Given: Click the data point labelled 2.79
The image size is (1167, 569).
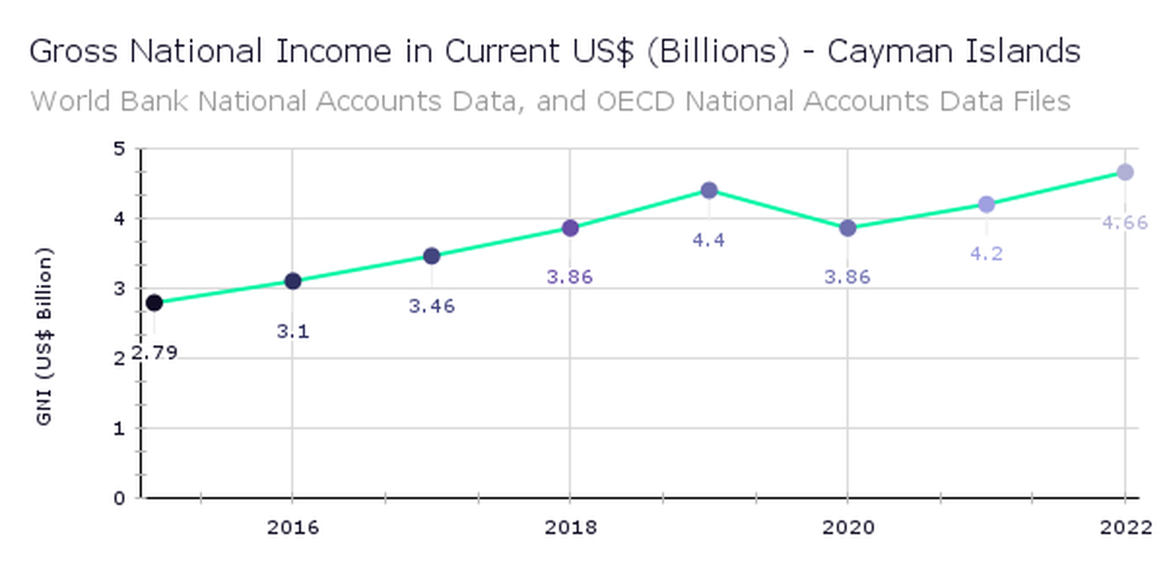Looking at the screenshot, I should (x=154, y=303).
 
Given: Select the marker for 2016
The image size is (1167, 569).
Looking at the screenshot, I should (x=292, y=281).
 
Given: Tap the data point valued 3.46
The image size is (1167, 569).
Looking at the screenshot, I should (x=431, y=256).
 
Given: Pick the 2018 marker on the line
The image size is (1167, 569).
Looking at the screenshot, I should (x=570, y=228).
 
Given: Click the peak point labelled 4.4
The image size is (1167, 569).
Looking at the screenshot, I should (x=709, y=190).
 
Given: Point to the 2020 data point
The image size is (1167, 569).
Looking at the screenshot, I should (x=848, y=228).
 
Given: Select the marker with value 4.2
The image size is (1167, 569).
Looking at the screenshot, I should (x=986, y=204).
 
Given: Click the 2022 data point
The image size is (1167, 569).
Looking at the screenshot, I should (x=1125, y=172).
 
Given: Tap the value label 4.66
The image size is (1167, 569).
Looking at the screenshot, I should (x=1125, y=223).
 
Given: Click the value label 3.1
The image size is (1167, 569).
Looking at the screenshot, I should (x=293, y=332).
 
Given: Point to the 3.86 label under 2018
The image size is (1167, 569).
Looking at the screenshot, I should (x=569, y=277).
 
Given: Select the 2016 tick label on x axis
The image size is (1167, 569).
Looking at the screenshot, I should (x=292, y=527).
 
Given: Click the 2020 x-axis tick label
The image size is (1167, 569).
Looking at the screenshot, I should (x=848, y=527).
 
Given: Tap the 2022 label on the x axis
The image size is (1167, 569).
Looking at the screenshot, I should (x=1125, y=527).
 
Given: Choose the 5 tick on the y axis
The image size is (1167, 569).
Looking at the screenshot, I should (x=120, y=149).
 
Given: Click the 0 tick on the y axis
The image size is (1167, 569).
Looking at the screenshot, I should (x=120, y=498).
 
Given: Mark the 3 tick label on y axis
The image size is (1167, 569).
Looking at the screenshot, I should (x=120, y=288).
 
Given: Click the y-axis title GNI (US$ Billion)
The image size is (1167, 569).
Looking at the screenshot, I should (x=44, y=336).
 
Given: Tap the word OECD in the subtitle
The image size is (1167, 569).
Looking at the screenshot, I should (x=635, y=102).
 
